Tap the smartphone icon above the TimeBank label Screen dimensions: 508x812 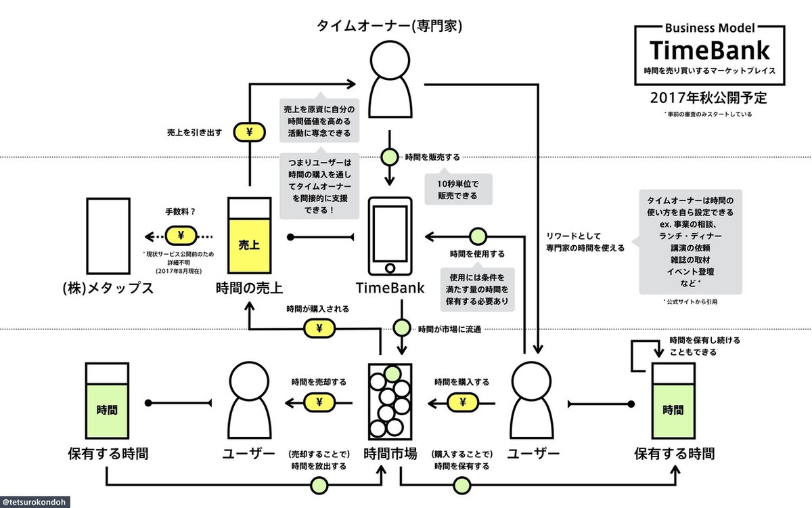pyautogui.click(x=389, y=234)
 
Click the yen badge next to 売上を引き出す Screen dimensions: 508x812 pyautogui.click(x=250, y=132)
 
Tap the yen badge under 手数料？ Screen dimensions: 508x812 pyautogui.click(x=181, y=236)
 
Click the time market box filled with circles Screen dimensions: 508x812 pyautogui.click(x=390, y=401)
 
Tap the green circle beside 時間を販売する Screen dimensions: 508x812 pyautogui.click(x=389, y=156)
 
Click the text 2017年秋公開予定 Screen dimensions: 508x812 pyautogui.click(x=708, y=97)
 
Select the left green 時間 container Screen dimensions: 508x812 pyautogui.click(x=107, y=401)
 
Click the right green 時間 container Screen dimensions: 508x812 pyautogui.click(x=673, y=401)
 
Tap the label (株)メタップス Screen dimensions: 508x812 pyautogui.click(x=108, y=288)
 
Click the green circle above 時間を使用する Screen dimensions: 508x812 pyautogui.click(x=478, y=236)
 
